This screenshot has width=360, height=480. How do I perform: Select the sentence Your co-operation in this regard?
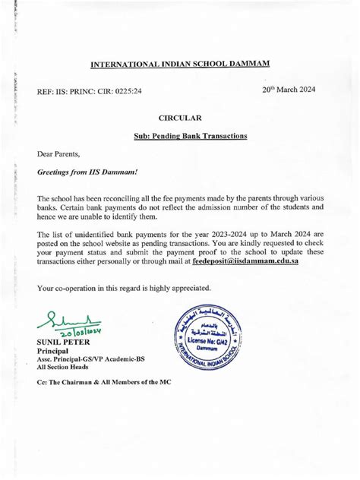(124, 288)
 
